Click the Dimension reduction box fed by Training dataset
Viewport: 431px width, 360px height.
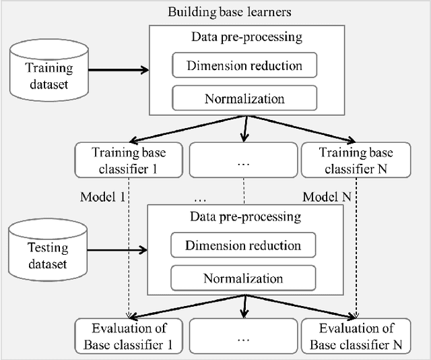(x=244, y=65)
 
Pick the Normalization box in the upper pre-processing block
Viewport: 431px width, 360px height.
(x=244, y=98)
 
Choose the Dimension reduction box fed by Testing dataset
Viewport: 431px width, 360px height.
(x=243, y=245)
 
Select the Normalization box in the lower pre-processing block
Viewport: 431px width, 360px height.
(x=243, y=277)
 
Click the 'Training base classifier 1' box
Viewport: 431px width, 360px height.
(x=128, y=160)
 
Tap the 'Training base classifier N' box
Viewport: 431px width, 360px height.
(x=356, y=160)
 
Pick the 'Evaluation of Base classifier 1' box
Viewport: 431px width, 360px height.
(x=128, y=336)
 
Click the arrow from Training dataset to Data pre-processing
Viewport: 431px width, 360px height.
(x=119, y=69)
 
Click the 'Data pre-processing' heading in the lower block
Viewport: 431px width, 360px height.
(x=244, y=217)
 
